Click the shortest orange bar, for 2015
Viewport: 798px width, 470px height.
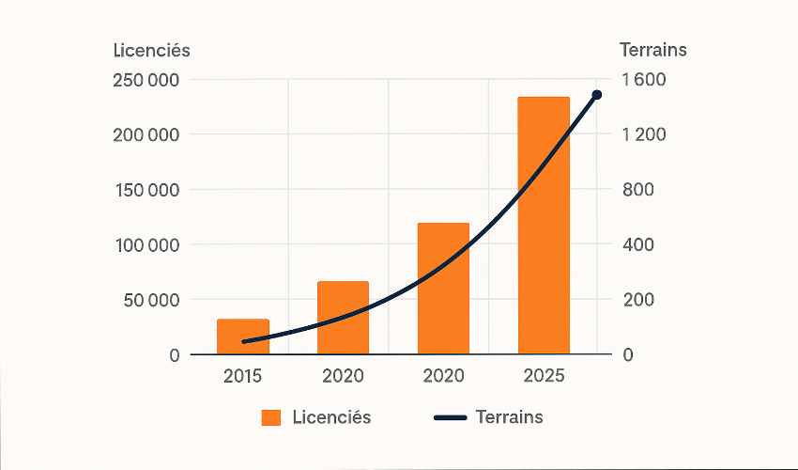tap(243, 337)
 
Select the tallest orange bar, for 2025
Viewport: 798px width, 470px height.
tap(544, 226)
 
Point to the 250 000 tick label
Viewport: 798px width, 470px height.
tap(146, 79)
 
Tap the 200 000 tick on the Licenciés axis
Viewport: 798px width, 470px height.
tap(146, 134)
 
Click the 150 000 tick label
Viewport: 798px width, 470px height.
tap(146, 190)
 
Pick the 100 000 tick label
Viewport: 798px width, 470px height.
tap(146, 245)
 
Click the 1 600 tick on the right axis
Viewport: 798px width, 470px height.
tap(643, 79)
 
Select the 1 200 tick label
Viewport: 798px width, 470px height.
tap(643, 134)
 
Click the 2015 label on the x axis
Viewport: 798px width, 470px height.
tap(243, 376)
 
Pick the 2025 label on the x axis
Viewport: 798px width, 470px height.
tap(544, 376)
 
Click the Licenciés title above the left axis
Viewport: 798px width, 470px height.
tap(151, 50)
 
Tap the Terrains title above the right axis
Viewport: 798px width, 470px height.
tap(653, 50)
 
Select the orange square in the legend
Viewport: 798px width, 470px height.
tap(271, 417)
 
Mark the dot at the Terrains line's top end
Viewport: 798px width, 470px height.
tap(596, 95)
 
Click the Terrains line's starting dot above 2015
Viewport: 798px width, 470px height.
tap(245, 342)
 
